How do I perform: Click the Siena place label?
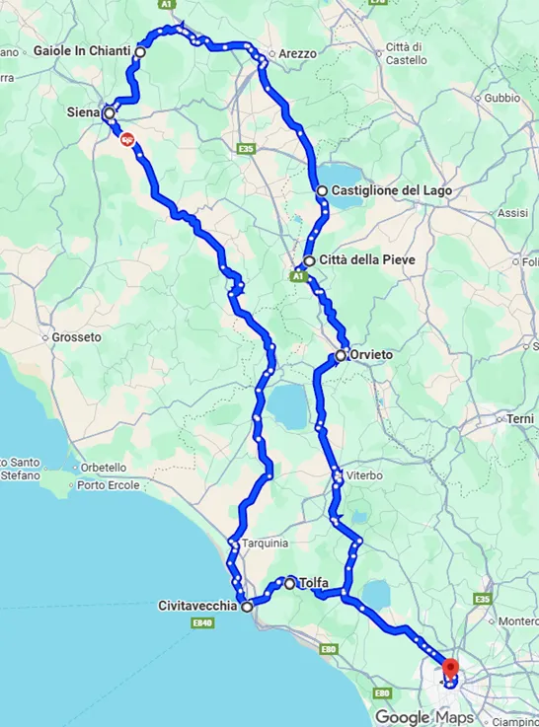click(82, 112)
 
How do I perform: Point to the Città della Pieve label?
click(359, 261)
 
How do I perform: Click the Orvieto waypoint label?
click(371, 355)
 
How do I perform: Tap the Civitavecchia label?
click(197, 607)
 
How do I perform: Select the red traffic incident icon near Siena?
click(127, 141)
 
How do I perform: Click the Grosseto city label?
click(77, 336)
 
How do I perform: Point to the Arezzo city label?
click(297, 53)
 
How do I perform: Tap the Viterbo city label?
click(363, 475)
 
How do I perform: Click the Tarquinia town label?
click(267, 543)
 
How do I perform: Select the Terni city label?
click(520, 419)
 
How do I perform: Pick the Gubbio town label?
click(501, 98)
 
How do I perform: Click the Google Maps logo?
click(423, 717)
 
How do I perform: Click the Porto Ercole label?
click(105, 483)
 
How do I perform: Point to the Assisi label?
click(512, 213)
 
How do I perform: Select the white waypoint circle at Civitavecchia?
click(248, 607)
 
